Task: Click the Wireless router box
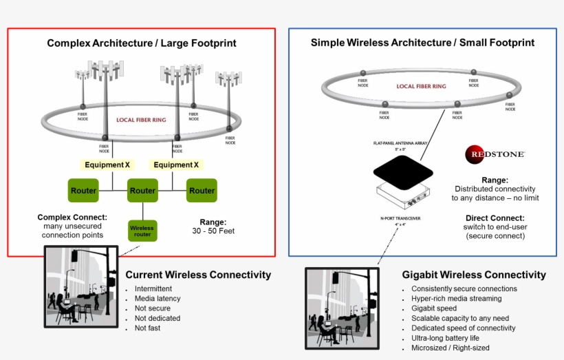point(142,230)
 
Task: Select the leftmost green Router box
point(84,191)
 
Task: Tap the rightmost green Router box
point(202,191)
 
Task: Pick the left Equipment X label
point(107,165)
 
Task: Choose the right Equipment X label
point(176,165)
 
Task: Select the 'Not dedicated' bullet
point(158,318)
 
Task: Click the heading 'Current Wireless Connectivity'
point(198,275)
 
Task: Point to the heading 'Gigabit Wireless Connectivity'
point(474,275)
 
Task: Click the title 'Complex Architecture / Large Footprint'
point(142,43)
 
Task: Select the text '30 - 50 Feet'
point(213,231)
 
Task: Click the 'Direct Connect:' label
point(495,219)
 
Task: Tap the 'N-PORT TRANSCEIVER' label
point(400,218)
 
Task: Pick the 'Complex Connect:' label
point(72,218)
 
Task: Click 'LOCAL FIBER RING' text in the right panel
point(421,87)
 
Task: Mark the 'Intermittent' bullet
point(153,289)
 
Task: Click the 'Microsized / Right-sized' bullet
point(451,348)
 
